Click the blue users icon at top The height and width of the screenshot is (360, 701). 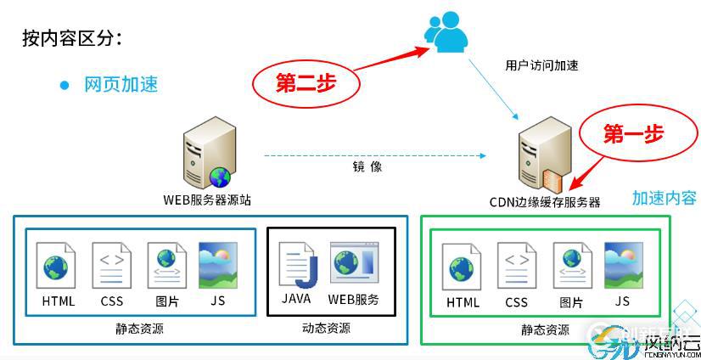pyautogui.click(x=446, y=32)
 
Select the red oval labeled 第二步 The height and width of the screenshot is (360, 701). pyautogui.click(x=306, y=82)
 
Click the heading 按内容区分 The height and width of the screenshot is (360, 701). pyautogui.click(x=72, y=37)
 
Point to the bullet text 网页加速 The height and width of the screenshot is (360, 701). pyautogui.click(x=121, y=84)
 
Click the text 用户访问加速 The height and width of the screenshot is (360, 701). pyautogui.click(x=541, y=65)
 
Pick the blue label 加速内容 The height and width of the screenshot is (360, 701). pyautogui.click(x=664, y=198)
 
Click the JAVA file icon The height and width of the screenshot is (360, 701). pyautogui.click(x=296, y=264)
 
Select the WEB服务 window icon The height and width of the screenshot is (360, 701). pyautogui.click(x=353, y=264)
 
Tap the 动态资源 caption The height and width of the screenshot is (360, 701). pyautogui.click(x=326, y=328)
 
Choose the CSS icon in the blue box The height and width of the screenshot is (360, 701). pyautogui.click(x=111, y=266)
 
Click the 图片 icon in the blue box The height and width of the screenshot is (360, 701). pyautogui.click(x=166, y=266)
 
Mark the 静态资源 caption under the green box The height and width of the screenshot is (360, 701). pyautogui.click(x=545, y=329)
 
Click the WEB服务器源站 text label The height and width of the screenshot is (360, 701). pyautogui.click(x=207, y=200)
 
